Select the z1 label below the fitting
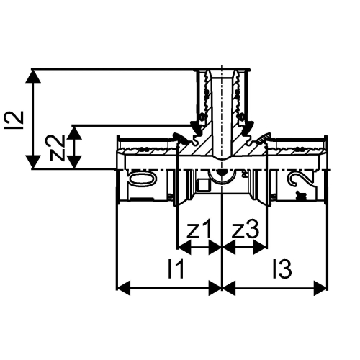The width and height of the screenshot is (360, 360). coord(198,230)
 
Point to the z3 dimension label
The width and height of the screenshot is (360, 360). coord(245,230)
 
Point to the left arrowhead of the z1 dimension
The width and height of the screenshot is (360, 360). coord(182,248)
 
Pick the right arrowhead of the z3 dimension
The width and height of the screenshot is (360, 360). coord(263,248)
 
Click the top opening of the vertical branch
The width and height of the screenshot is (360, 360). coord(222,71)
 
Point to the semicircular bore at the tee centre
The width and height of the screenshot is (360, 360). coord(222,176)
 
